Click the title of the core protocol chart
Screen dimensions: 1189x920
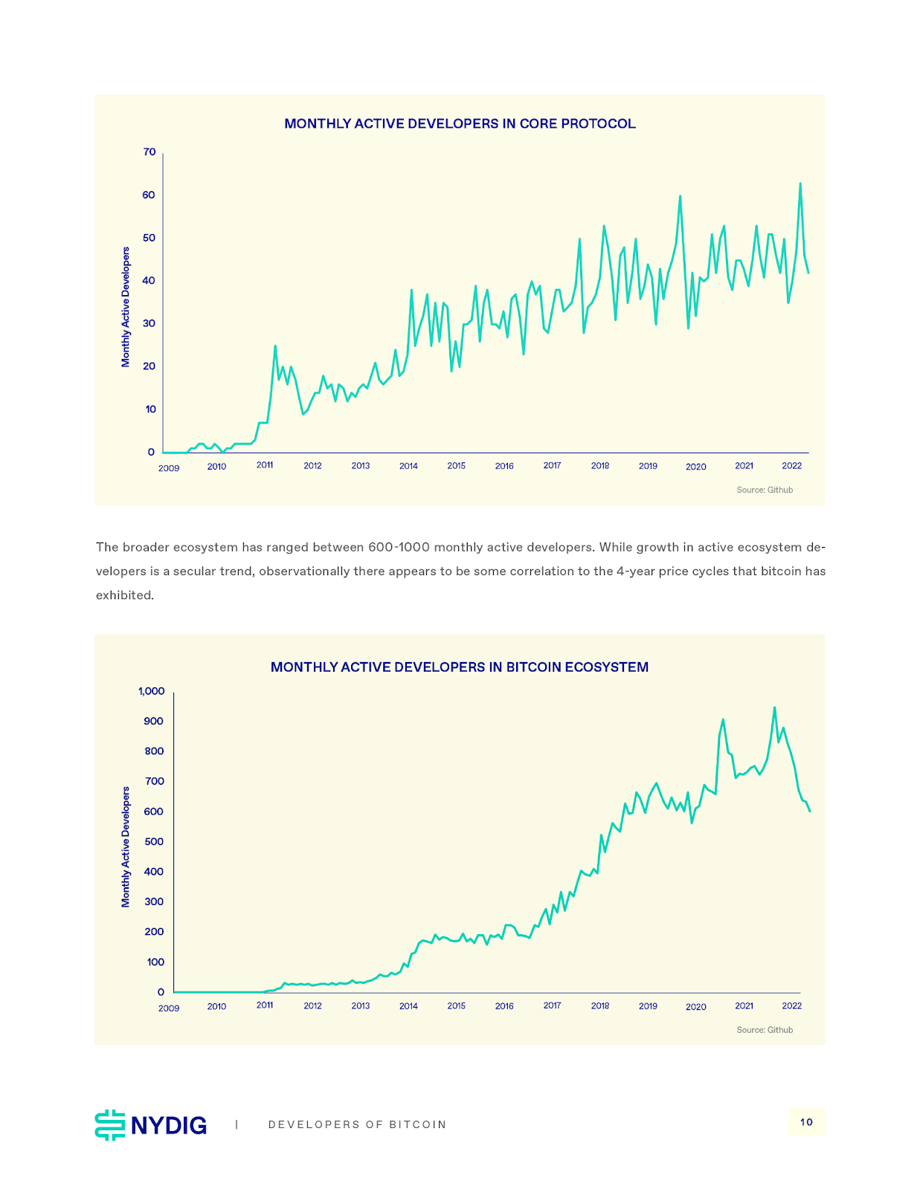[460, 124]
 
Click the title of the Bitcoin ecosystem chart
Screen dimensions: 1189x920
[460, 667]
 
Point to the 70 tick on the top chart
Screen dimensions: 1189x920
[149, 152]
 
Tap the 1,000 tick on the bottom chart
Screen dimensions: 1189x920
[152, 691]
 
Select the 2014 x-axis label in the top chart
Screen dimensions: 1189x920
[408, 466]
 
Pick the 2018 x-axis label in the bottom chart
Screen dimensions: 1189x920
[600, 1006]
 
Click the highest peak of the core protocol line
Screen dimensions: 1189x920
[800, 184]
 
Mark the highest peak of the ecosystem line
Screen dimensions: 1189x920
[774, 707]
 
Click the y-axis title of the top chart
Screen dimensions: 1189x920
[126, 307]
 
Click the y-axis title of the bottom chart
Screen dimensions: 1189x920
[126, 847]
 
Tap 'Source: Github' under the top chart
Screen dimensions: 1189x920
[765, 490]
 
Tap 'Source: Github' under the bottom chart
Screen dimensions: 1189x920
[765, 1030]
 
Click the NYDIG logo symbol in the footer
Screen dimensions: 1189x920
[110, 1125]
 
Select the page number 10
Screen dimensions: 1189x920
[806, 1122]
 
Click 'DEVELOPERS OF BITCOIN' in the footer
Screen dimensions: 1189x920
[357, 1125]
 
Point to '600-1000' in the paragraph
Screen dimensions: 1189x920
[399, 548]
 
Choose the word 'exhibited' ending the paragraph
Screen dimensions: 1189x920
[123, 595]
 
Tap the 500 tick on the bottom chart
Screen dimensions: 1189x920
[154, 842]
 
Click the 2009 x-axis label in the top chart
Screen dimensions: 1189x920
[169, 468]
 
